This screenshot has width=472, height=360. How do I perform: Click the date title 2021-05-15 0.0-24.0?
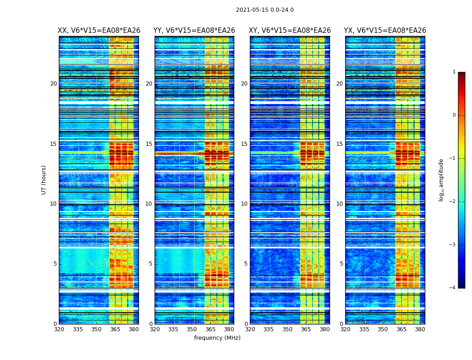click(265, 10)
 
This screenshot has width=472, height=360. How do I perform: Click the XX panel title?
click(99, 31)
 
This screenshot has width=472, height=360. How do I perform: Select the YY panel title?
click(194, 31)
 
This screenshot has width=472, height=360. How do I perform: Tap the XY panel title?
click(289, 31)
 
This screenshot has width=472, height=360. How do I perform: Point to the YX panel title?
click(385, 31)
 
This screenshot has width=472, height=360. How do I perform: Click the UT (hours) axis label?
click(44, 180)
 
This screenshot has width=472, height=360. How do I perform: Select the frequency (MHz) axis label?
click(217, 338)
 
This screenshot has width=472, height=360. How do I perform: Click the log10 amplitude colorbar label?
click(441, 180)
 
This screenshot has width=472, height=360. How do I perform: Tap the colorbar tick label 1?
click(454, 72)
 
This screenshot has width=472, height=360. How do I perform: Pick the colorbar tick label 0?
click(454, 115)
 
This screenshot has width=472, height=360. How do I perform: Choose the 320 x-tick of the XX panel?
click(59, 329)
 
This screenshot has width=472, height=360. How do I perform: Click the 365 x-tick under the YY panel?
click(210, 329)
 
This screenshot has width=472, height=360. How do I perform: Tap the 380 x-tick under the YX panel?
click(420, 329)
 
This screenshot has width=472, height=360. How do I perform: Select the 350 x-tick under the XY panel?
click(287, 329)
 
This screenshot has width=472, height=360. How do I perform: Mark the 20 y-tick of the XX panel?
click(53, 84)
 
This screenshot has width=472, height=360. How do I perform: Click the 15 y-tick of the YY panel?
click(149, 144)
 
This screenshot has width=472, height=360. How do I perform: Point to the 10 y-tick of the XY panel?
click(244, 204)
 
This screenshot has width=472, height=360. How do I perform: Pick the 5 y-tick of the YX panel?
click(341, 264)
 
